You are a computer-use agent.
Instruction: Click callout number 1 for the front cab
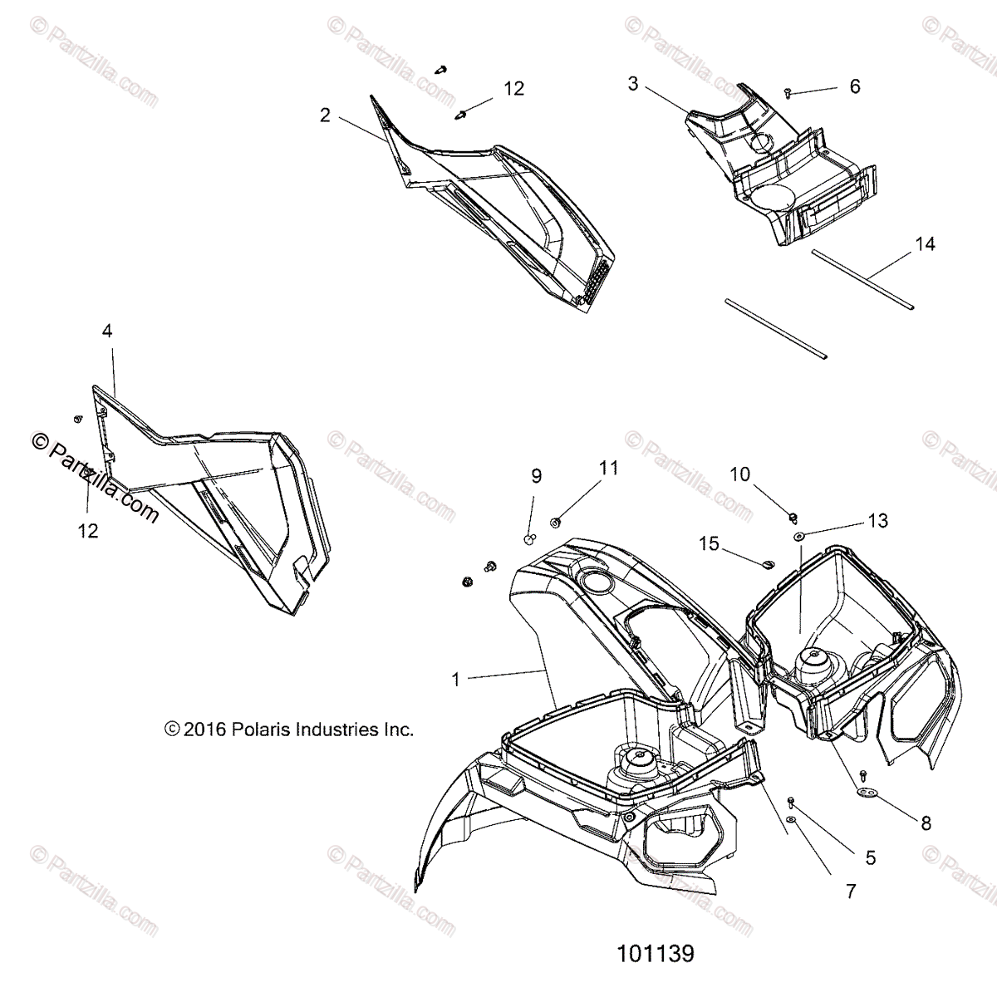[x=455, y=679]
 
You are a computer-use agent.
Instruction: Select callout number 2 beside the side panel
[x=325, y=115]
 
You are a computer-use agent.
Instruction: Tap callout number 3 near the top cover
[x=633, y=84]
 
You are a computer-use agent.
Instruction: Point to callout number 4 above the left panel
[x=107, y=332]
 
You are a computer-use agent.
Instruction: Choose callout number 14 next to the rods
[x=925, y=244]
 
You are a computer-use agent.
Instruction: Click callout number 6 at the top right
[x=855, y=86]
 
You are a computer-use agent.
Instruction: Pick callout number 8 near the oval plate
[x=926, y=823]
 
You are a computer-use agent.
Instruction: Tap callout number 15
[x=709, y=543]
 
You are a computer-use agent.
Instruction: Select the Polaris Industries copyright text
[x=289, y=729]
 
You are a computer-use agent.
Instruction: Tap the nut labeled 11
[x=555, y=522]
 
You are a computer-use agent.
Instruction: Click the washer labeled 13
[x=798, y=538]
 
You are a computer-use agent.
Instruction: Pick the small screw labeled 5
[x=790, y=801]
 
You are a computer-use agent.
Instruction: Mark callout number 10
[x=739, y=474]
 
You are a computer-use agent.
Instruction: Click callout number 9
[x=537, y=476]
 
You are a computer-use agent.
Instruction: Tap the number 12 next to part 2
[x=514, y=88]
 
